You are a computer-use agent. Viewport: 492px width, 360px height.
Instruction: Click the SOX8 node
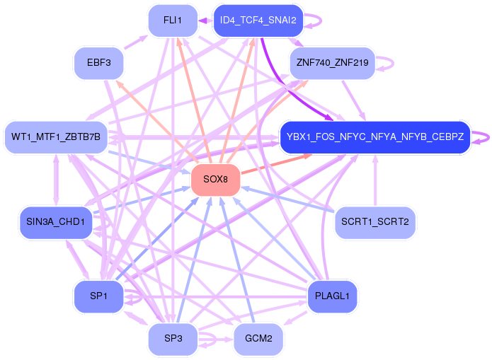[x=216, y=180]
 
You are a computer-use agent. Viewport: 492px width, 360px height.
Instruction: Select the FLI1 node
[x=173, y=21]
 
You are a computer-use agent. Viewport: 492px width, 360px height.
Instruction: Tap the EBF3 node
[x=99, y=63]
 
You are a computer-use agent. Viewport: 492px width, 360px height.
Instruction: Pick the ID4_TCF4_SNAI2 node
[x=258, y=21]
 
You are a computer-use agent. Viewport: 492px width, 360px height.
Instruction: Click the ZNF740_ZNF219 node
[x=332, y=63]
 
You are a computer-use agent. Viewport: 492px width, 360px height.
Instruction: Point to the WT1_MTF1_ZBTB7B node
[x=56, y=137]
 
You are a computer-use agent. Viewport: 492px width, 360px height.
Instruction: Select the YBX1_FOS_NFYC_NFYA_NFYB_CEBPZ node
[x=375, y=137]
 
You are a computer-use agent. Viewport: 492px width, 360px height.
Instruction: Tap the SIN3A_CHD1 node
[x=56, y=222]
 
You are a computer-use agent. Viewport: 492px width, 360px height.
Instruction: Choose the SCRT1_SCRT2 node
[x=375, y=222]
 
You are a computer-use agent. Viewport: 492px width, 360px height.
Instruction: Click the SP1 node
[x=99, y=296]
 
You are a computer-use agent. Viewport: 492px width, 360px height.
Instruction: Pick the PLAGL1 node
[x=332, y=296]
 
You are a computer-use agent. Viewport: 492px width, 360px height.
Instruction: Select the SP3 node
[x=173, y=339]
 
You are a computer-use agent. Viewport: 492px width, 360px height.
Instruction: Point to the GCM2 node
[x=258, y=339]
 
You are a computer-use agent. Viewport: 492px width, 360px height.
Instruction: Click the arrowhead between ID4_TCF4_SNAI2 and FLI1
[x=202, y=21]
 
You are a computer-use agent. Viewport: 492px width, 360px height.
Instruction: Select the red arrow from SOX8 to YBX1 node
[x=276, y=163]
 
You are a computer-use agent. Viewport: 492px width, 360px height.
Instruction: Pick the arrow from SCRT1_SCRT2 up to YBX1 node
[x=375, y=180]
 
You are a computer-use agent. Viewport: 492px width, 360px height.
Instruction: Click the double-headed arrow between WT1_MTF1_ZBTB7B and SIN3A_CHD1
[x=56, y=180]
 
